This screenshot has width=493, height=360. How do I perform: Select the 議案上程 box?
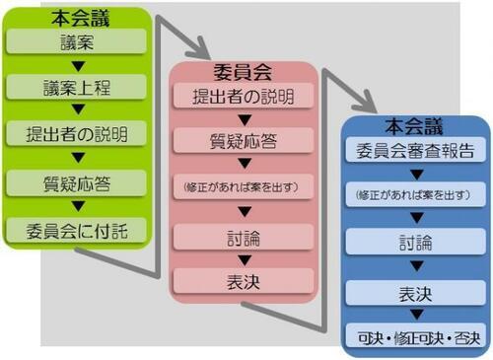(x=77, y=87)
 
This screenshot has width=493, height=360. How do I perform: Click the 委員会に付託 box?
(x=77, y=230)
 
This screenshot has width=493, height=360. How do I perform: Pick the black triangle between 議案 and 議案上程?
(x=77, y=63)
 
